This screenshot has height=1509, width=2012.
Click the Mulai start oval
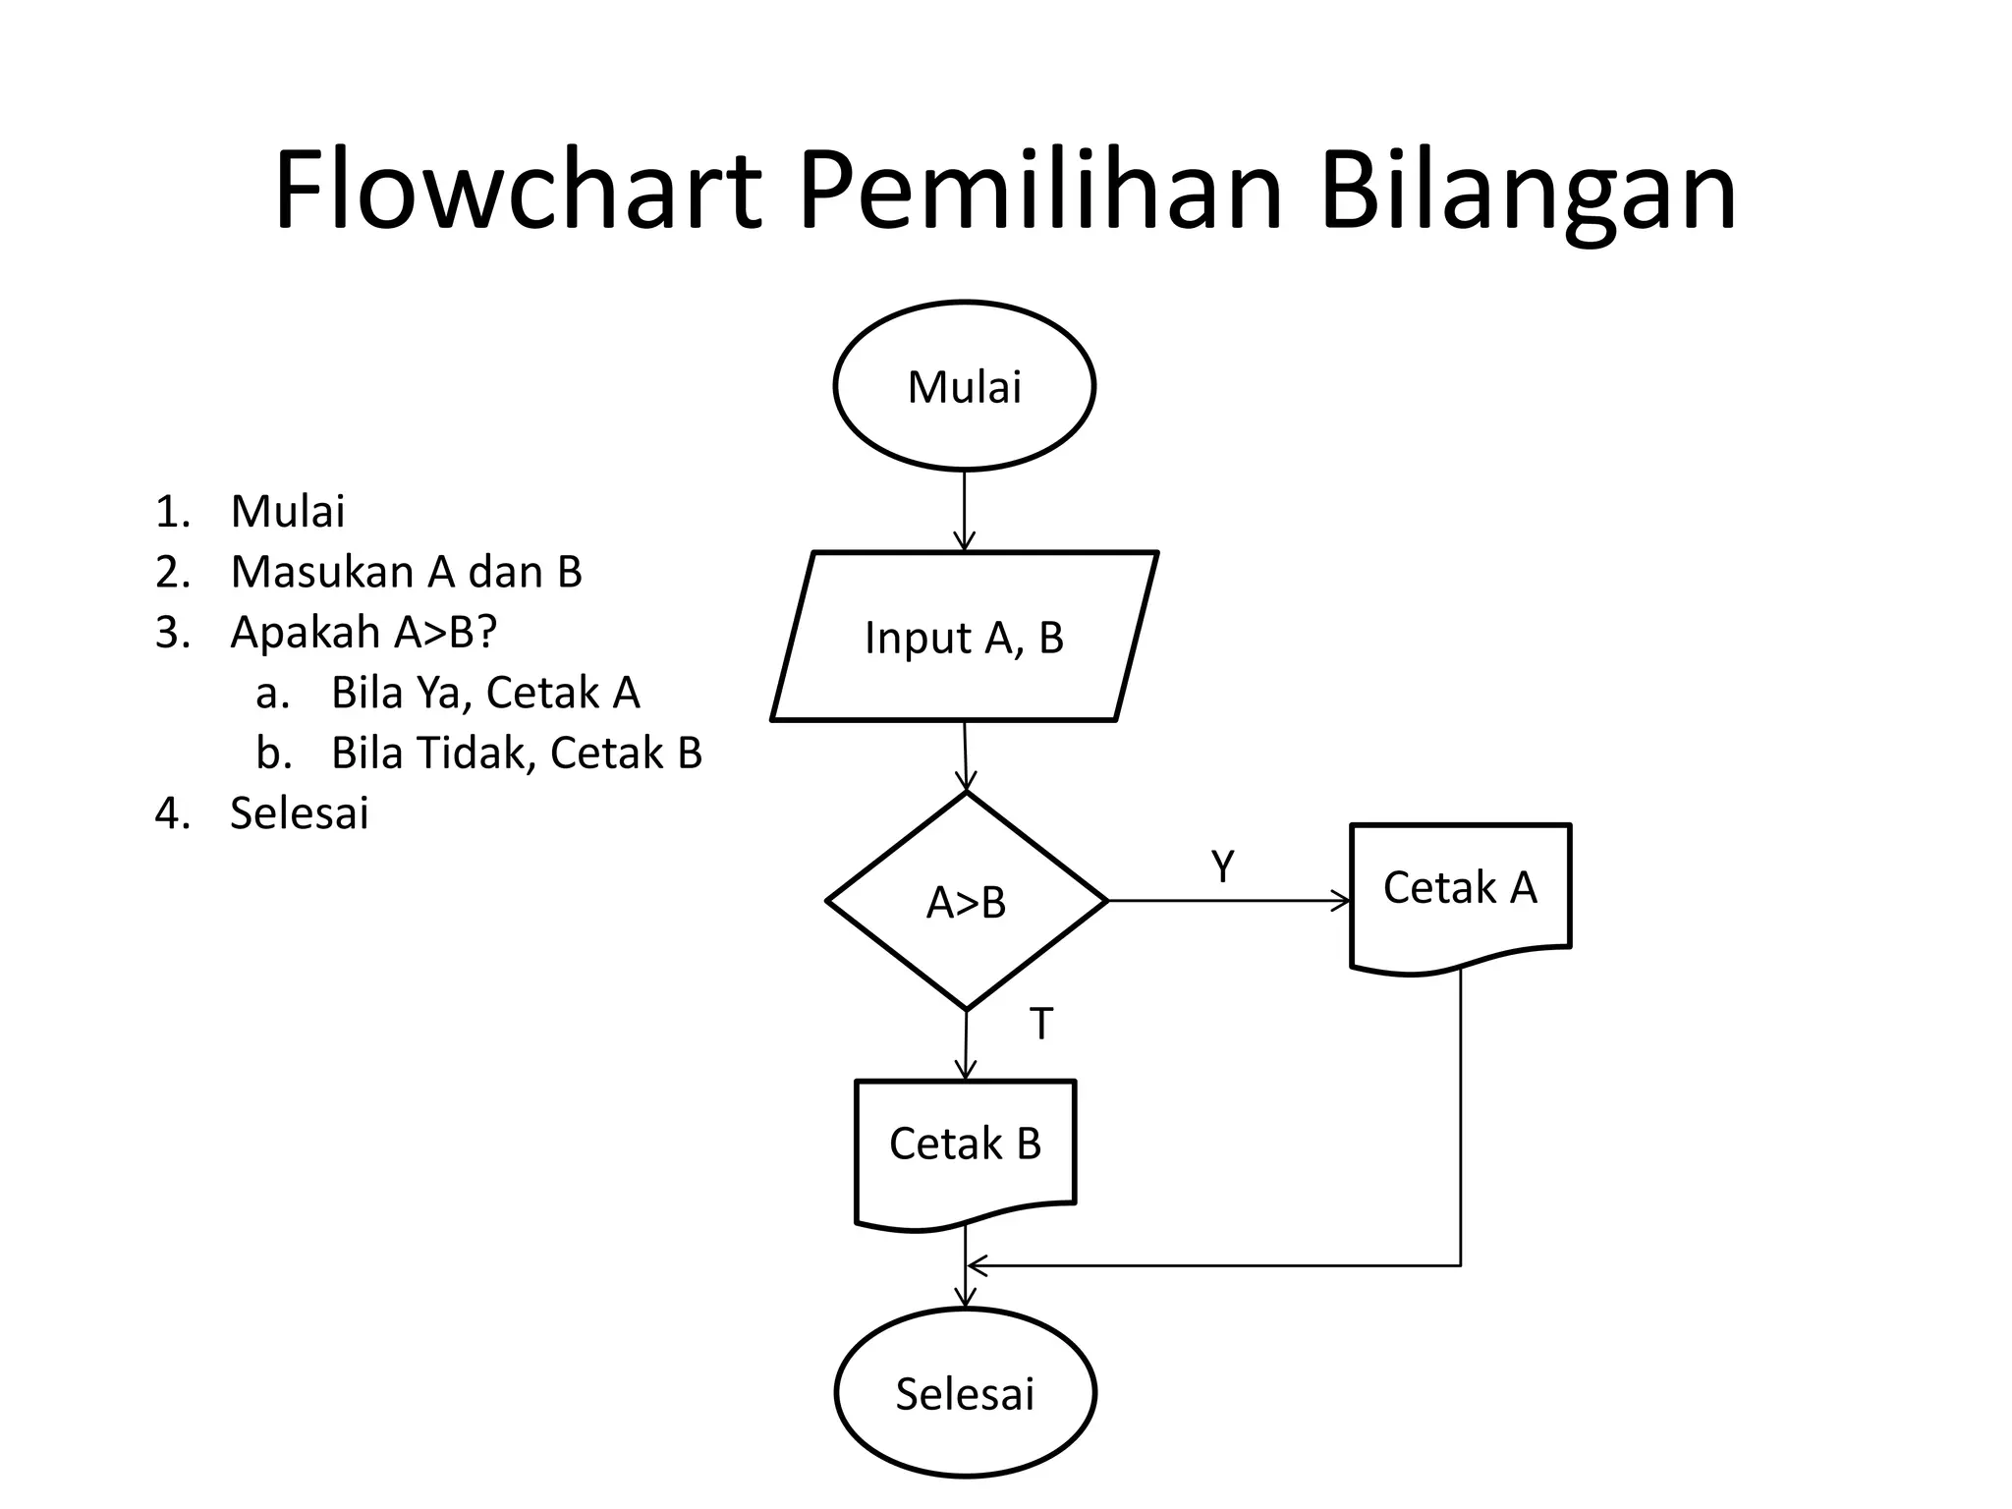pos(964,386)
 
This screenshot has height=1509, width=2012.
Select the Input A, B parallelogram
pos(964,637)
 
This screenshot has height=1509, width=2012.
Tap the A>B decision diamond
pos(967,901)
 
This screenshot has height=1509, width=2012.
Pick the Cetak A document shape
pos(1460,889)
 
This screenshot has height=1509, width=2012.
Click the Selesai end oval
pos(965,1393)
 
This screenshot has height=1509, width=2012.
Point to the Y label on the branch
pos(1222,866)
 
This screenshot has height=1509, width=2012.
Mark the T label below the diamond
pos(1040,1025)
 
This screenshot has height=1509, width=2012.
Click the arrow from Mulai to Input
pos(964,511)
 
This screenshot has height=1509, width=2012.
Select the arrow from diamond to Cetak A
pos(1228,900)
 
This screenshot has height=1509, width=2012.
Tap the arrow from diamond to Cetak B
pos(966,1045)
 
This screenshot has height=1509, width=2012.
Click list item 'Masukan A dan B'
pos(406,572)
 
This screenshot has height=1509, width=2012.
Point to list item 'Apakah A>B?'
pos(363,632)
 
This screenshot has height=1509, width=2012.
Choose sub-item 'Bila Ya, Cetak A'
pos(485,693)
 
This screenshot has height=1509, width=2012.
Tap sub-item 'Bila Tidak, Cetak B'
pos(517,753)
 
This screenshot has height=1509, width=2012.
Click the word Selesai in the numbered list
pos(299,813)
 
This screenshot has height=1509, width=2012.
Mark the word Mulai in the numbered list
pos(287,511)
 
